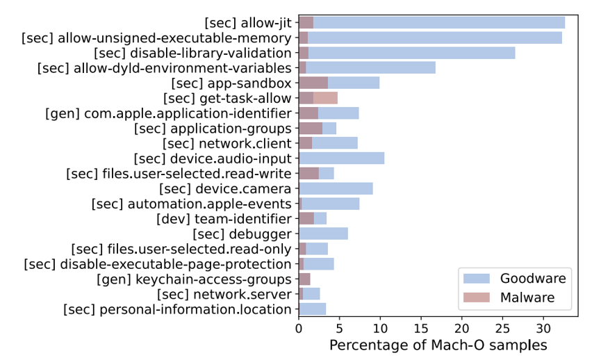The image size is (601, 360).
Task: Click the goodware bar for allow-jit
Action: pyautogui.click(x=432, y=23)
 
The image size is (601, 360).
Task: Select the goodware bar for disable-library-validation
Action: pyautogui.click(x=407, y=53)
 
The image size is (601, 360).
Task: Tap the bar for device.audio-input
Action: pyautogui.click(x=342, y=158)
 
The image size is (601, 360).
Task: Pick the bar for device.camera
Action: pyautogui.click(x=336, y=188)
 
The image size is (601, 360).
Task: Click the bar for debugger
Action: pyautogui.click(x=324, y=234)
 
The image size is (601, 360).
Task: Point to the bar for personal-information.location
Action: pyautogui.click(x=313, y=309)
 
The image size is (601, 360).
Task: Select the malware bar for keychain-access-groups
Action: pyautogui.click(x=304, y=279)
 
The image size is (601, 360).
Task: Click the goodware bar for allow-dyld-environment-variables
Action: pyautogui.click(x=367, y=68)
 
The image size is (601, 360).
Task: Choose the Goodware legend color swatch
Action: pyautogui.click(x=477, y=278)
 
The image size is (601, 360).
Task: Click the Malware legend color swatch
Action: pyautogui.click(x=477, y=297)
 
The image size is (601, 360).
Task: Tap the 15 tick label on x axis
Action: pyautogui.click(x=421, y=329)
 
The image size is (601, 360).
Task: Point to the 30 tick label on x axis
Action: pyautogui.click(x=543, y=329)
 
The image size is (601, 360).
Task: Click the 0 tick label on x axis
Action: pyautogui.click(x=299, y=329)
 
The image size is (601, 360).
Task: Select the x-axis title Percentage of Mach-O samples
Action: pyautogui.click(x=438, y=345)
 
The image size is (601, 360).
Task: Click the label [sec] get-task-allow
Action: pyautogui.click(x=227, y=99)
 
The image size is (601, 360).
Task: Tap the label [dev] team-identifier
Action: pyautogui.click(x=224, y=219)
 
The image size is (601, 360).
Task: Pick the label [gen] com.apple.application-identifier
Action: pyautogui.click(x=168, y=114)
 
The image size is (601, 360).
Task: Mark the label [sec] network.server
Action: pyautogui.click(x=224, y=295)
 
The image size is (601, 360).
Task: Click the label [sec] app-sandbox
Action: pyautogui.click(x=231, y=83)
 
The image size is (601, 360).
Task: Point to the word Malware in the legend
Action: pyautogui.click(x=527, y=297)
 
